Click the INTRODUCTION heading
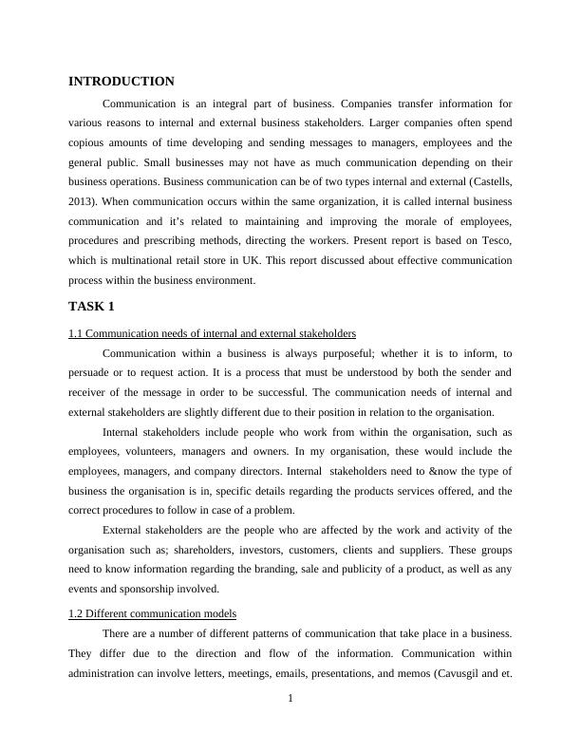122,82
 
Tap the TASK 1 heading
92,306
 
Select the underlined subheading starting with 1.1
213,333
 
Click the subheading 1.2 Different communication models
153,613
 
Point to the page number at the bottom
290,700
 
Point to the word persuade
93,374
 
